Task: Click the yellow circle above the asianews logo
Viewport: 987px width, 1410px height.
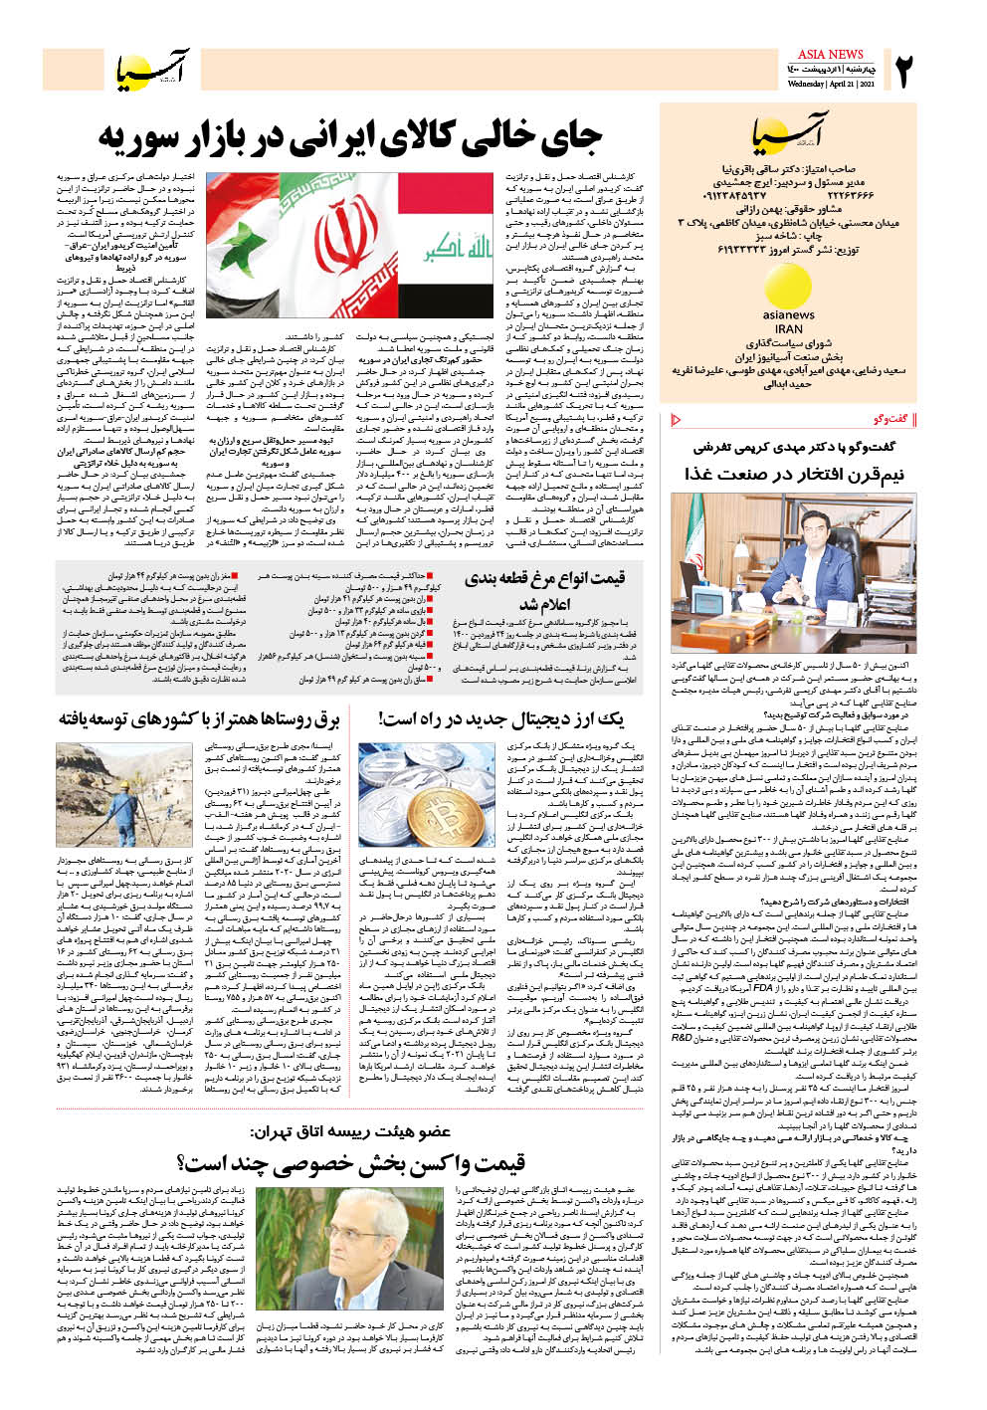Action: coord(788,286)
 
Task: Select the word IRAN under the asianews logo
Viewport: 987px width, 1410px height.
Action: coord(788,329)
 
